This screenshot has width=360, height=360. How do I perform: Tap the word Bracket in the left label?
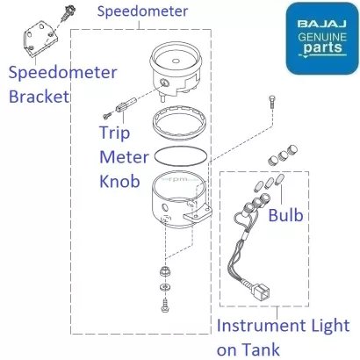pyautogui.click(x=38, y=96)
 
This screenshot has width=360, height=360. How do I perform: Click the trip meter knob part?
pyautogui.click(x=122, y=104)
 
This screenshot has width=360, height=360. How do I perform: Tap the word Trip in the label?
pyautogui.click(x=113, y=135)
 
